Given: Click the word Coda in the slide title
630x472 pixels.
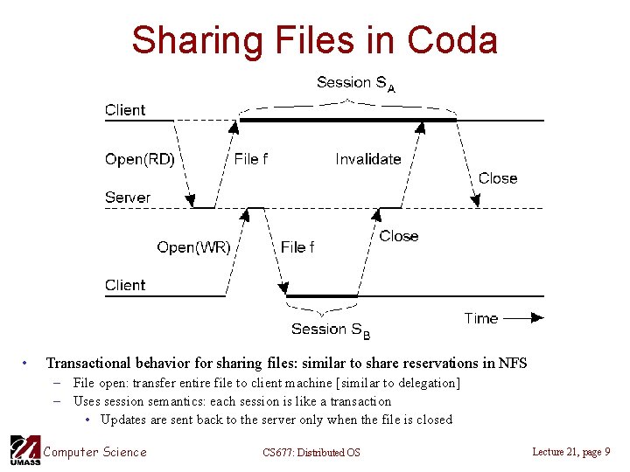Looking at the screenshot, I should click(x=452, y=40).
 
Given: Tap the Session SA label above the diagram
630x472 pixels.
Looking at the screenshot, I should click(x=355, y=83).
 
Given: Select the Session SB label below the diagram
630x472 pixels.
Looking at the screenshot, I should click(x=331, y=330).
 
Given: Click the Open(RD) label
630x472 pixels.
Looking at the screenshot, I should click(x=139, y=159).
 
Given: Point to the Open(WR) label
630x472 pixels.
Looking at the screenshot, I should click(x=193, y=247).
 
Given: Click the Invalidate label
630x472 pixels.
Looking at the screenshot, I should click(x=367, y=159).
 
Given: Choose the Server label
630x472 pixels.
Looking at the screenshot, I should click(x=128, y=198).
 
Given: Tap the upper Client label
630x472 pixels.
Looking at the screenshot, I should click(x=125, y=110).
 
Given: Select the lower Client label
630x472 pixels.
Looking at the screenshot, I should click(x=125, y=285).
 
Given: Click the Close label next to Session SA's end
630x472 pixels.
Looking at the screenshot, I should click(x=498, y=178).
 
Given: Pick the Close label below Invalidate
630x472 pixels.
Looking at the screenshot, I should click(x=399, y=236).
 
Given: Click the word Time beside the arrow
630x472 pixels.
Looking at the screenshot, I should click(x=480, y=318).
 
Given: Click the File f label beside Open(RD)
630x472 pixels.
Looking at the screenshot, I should click(x=251, y=159).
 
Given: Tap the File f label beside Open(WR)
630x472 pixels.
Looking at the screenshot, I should click(x=297, y=247).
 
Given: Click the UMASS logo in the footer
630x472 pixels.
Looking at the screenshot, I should click(x=24, y=449).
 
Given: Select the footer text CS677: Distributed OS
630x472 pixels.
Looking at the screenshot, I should click(x=311, y=452).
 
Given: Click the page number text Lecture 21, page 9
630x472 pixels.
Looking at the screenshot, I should click(x=570, y=451).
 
